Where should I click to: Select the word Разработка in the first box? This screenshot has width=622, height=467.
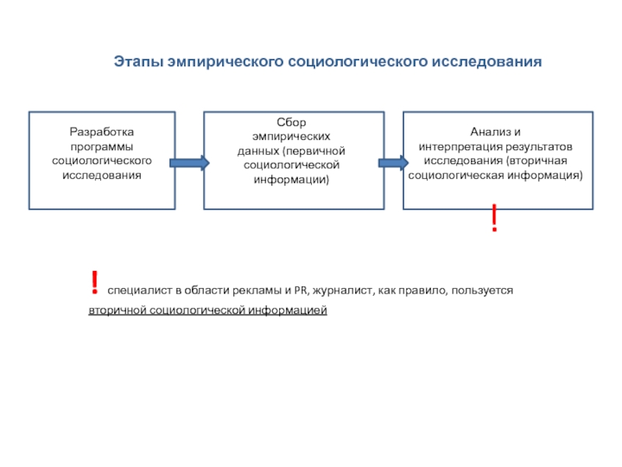pyautogui.click(x=101, y=132)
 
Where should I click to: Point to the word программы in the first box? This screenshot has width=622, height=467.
pyautogui.click(x=101, y=146)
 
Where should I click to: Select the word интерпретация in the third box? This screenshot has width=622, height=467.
pyautogui.click(x=458, y=146)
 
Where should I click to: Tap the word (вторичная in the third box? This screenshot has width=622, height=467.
pyautogui.click(x=537, y=160)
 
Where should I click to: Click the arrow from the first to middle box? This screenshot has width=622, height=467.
pyautogui.click(x=190, y=163)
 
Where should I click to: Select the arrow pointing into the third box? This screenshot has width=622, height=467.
pyautogui.click(x=393, y=163)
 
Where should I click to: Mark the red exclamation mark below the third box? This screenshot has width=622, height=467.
pyautogui.click(x=494, y=220)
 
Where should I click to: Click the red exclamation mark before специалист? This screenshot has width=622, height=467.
pyautogui.click(x=93, y=283)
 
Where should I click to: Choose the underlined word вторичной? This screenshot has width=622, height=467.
pyautogui.click(x=117, y=311)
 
